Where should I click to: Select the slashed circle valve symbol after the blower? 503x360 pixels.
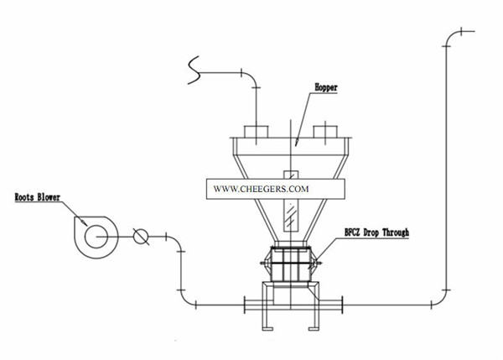[141, 237]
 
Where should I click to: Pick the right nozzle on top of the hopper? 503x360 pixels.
[324, 133]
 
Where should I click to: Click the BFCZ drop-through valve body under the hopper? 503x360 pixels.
[290, 266]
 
